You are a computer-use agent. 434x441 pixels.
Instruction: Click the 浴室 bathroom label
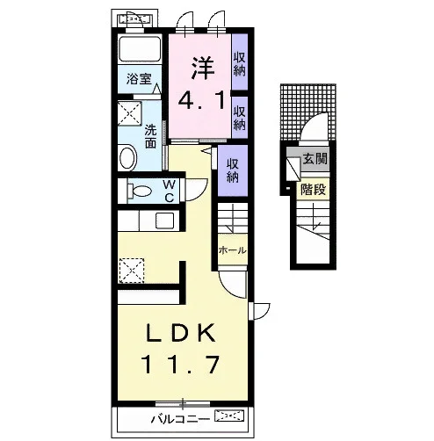(x=139, y=79)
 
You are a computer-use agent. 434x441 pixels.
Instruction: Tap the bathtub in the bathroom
(x=140, y=47)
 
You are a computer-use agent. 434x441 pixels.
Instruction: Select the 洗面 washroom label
(x=150, y=136)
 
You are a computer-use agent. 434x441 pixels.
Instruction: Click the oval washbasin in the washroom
(x=128, y=158)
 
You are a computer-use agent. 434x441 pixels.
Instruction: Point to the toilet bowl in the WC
(x=140, y=191)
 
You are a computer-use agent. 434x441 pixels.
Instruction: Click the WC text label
(x=170, y=191)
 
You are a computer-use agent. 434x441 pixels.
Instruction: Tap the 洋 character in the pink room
(x=203, y=68)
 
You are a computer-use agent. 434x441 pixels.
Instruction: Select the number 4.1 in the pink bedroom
(x=202, y=99)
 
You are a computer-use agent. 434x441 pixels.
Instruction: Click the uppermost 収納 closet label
(x=240, y=64)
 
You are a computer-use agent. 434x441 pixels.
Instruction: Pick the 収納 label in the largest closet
(x=233, y=170)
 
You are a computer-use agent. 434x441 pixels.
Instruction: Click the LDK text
(x=181, y=333)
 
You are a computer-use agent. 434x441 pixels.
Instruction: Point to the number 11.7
(x=180, y=364)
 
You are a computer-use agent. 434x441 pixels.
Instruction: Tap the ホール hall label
(x=232, y=250)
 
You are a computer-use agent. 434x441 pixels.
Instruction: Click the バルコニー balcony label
(x=180, y=419)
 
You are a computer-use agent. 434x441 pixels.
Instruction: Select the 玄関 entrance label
(x=315, y=159)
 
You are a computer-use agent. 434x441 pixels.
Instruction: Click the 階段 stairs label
(x=313, y=190)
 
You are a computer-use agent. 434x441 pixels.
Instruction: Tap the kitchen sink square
(x=164, y=220)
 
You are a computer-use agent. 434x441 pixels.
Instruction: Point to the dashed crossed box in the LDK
(x=132, y=271)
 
